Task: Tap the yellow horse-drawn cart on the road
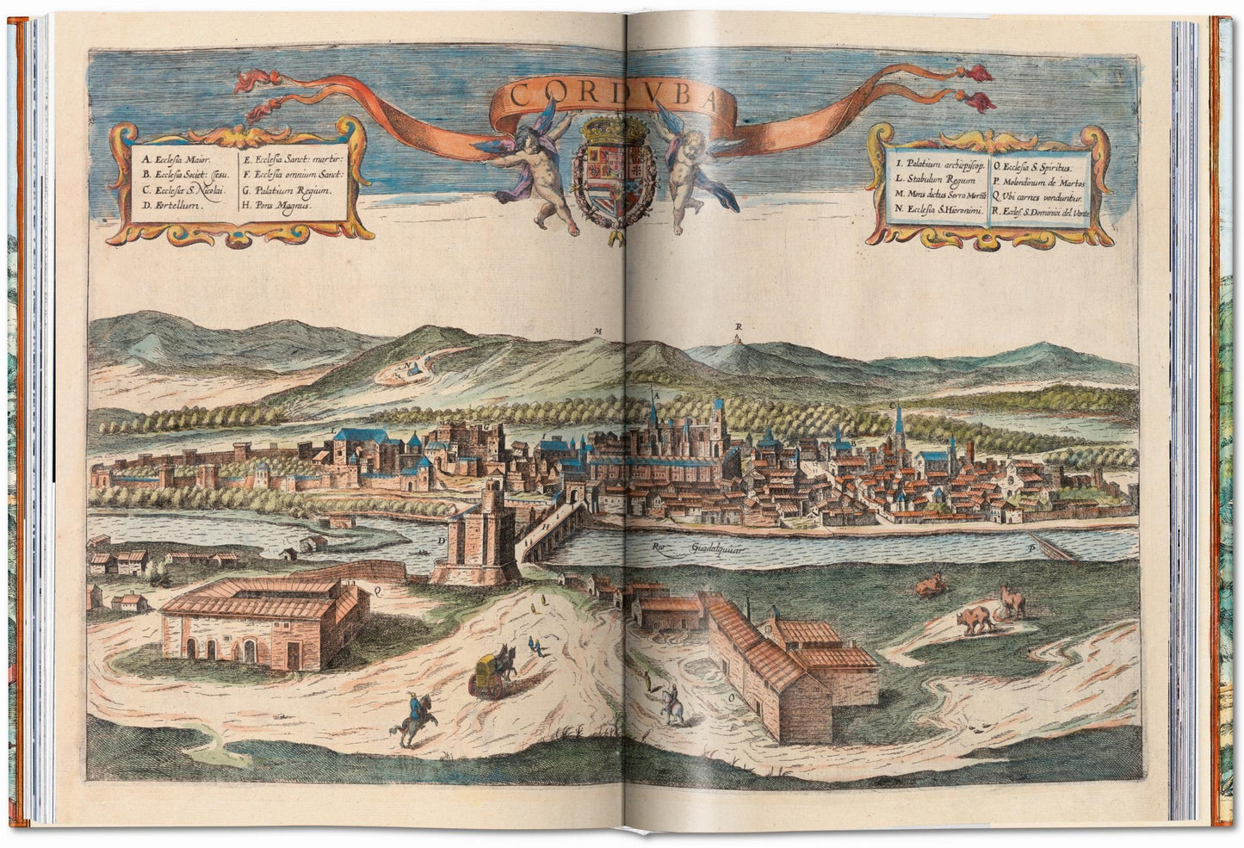click(486, 671)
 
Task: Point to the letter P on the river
click(1030, 546)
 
